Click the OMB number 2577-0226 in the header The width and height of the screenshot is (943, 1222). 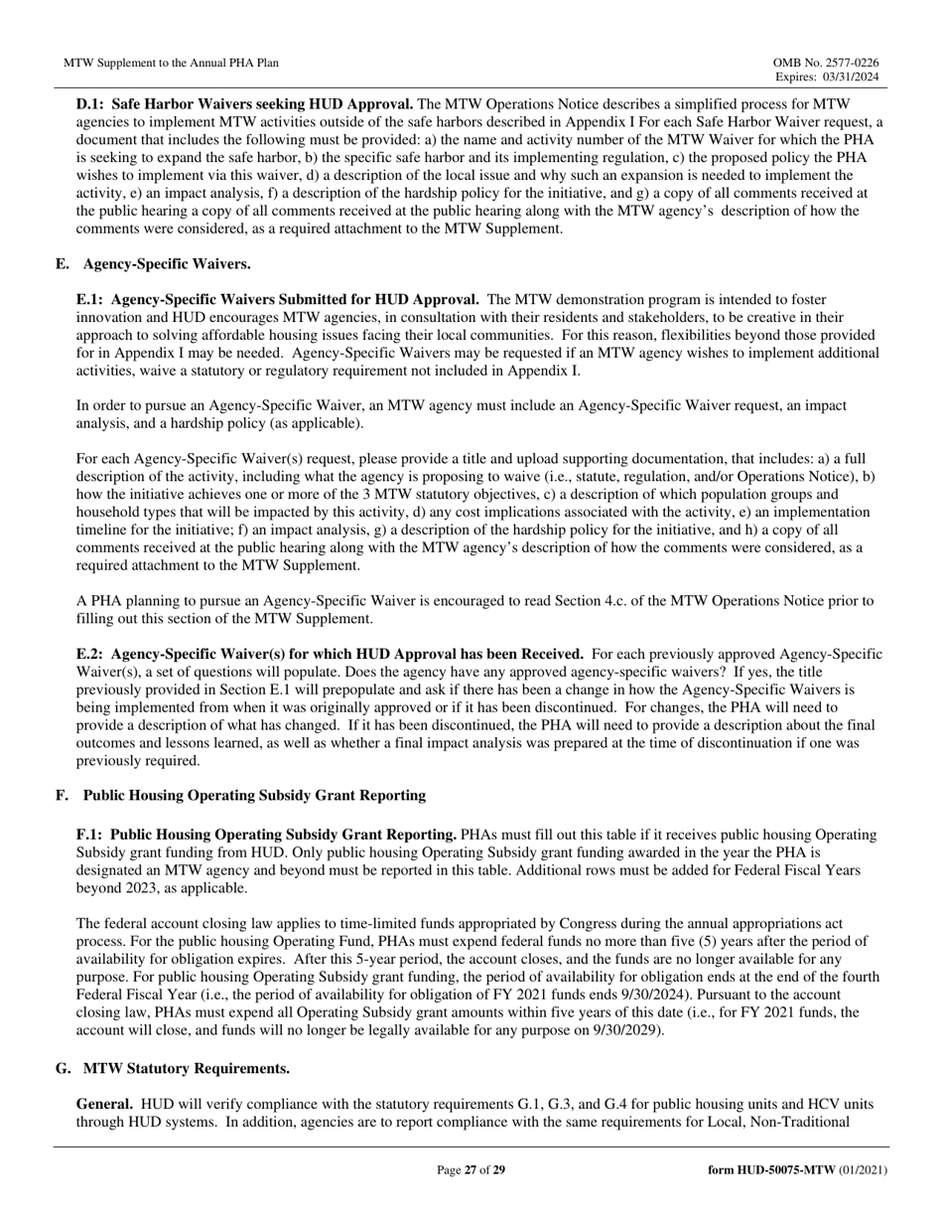(x=852, y=62)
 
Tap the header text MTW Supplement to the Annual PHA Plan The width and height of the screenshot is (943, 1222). (x=171, y=63)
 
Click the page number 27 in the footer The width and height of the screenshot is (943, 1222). (x=471, y=1170)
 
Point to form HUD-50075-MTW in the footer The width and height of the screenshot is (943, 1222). (x=775, y=1170)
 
